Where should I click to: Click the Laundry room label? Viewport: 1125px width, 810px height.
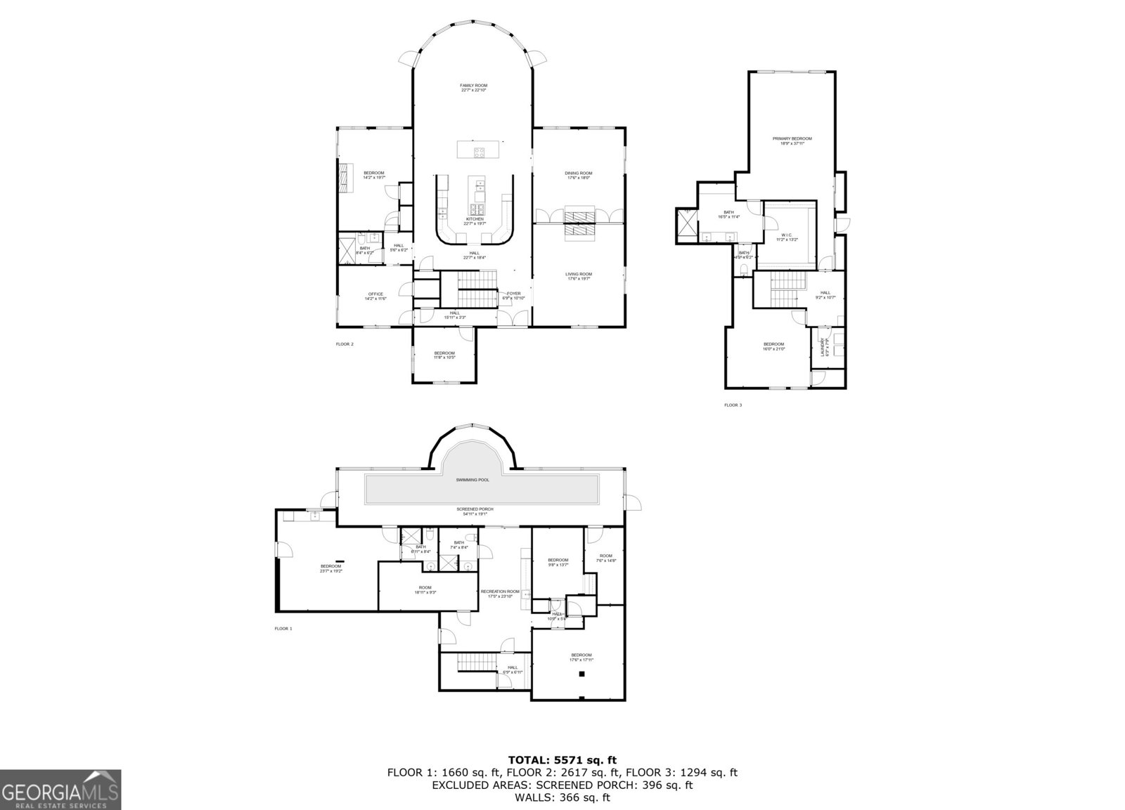tap(827, 348)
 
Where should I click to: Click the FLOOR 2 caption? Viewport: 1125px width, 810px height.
tap(345, 344)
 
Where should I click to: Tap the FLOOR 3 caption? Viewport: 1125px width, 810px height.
tap(733, 405)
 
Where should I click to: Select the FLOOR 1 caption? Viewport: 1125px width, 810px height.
tap(283, 629)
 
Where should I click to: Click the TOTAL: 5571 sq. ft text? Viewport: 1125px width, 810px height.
tap(562, 759)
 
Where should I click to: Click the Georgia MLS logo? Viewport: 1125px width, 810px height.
tap(60, 789)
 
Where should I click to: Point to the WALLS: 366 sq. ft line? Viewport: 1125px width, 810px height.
tap(562, 797)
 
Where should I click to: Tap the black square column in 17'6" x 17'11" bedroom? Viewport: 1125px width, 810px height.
tap(581, 674)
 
